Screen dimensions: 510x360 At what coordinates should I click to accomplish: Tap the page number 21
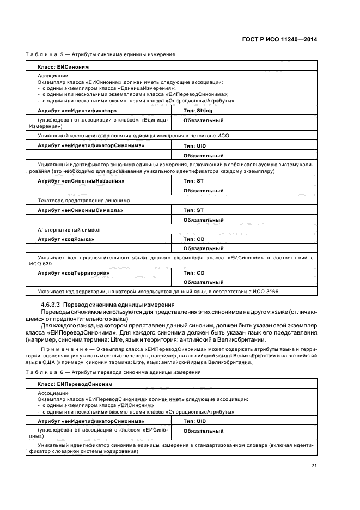coord(314,465)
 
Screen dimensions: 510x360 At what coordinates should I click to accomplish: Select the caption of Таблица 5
coord(101,54)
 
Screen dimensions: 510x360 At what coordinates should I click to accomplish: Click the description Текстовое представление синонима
coord(83,201)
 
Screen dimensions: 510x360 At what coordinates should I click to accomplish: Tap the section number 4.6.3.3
coord(52,304)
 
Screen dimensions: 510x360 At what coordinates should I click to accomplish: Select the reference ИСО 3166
coord(265,292)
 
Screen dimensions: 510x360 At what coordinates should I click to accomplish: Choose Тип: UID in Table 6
coord(195,421)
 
